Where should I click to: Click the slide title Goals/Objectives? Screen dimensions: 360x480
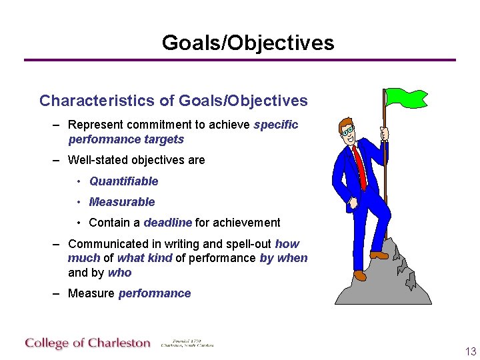point(247,43)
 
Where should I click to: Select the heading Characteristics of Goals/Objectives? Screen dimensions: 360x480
point(173,101)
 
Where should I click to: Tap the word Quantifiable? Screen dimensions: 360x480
point(123,181)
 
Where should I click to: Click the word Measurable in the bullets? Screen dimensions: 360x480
point(121,202)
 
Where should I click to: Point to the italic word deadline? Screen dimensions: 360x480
point(167,223)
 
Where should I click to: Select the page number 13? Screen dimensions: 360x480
point(471,352)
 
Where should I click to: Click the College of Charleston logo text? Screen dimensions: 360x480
point(88,343)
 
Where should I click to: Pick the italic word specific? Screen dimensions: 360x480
point(275,125)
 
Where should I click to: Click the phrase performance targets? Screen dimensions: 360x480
point(125,139)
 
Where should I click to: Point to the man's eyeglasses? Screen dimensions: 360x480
point(347,131)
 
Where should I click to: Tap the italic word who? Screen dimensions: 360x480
point(119,273)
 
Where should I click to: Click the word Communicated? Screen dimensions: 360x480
point(105,244)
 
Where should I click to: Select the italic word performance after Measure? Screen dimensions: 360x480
point(154,293)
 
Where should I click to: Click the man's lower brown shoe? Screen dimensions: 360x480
point(360,275)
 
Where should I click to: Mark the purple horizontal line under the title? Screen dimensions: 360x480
point(240,60)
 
